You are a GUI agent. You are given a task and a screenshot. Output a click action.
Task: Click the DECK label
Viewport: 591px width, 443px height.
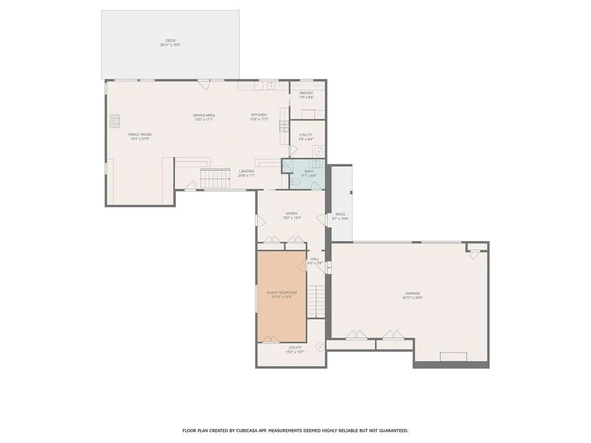[x=170, y=41]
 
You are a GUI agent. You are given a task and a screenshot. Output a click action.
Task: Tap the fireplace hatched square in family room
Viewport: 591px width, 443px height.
[x=115, y=121]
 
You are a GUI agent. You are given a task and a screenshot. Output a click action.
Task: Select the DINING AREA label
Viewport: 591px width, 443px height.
[x=204, y=115]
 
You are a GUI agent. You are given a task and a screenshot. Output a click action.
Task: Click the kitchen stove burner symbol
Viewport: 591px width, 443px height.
[x=284, y=126]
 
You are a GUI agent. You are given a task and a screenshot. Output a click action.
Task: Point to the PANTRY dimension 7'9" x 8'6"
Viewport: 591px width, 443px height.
[x=306, y=97]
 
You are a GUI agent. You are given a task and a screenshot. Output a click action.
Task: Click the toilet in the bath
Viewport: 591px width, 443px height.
[x=295, y=182]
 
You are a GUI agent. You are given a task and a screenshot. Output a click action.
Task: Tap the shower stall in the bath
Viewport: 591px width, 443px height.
[x=287, y=165]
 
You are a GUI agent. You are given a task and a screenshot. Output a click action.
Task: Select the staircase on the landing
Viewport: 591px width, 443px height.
[x=215, y=178]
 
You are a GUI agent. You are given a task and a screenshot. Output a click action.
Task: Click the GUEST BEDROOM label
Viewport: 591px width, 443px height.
[x=282, y=293]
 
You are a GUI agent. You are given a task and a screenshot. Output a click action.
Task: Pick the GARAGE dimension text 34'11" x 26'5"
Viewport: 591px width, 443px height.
[x=412, y=297]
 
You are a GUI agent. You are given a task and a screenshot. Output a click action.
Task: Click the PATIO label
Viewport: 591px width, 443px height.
[x=340, y=214]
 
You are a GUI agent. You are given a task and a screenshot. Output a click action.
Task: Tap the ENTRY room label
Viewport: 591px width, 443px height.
[x=291, y=214]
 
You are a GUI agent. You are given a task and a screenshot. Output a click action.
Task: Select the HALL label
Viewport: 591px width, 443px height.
[x=315, y=259]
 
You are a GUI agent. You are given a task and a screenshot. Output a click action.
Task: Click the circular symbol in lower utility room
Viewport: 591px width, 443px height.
[x=320, y=347]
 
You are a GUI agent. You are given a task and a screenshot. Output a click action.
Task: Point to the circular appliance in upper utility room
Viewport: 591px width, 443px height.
[x=319, y=152]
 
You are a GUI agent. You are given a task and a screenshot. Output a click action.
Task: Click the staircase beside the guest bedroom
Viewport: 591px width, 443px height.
[x=316, y=301]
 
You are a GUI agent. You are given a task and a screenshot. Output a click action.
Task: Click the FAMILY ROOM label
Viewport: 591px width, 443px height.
[x=140, y=134]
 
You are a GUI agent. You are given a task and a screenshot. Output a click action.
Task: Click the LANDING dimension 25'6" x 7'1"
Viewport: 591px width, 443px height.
[x=247, y=176]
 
